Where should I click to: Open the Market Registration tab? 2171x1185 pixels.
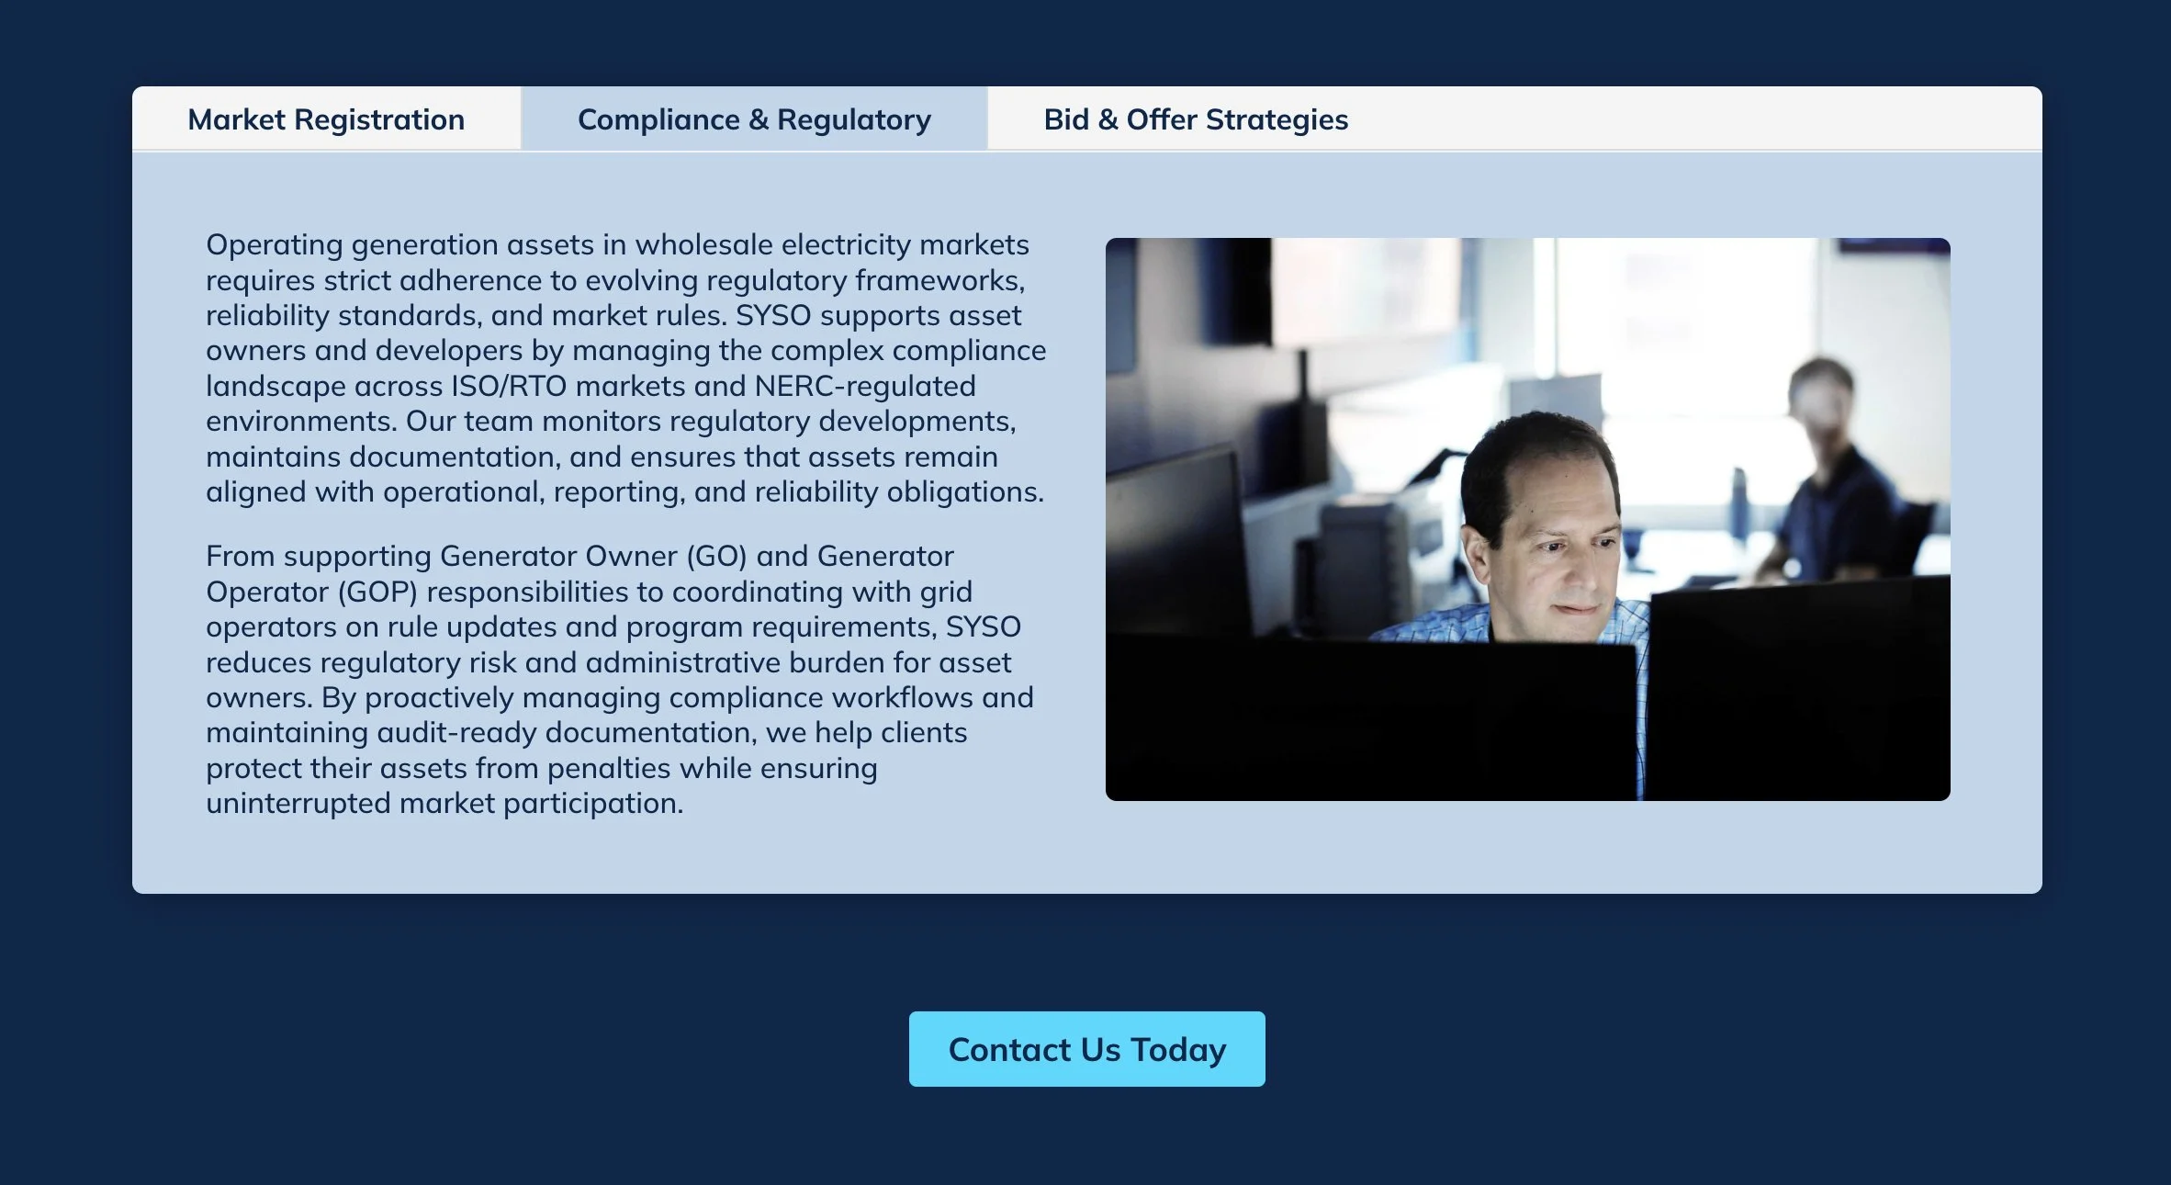click(x=326, y=119)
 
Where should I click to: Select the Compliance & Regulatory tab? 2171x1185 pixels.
click(x=754, y=119)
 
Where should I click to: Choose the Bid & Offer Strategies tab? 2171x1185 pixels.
click(x=1196, y=119)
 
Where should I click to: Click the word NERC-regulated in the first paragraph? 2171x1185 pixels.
click(x=864, y=386)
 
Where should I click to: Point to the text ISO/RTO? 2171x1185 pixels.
click(x=508, y=386)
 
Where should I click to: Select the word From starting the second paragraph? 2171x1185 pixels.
click(x=240, y=557)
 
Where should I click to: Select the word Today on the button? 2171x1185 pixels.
click(x=1178, y=1050)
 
